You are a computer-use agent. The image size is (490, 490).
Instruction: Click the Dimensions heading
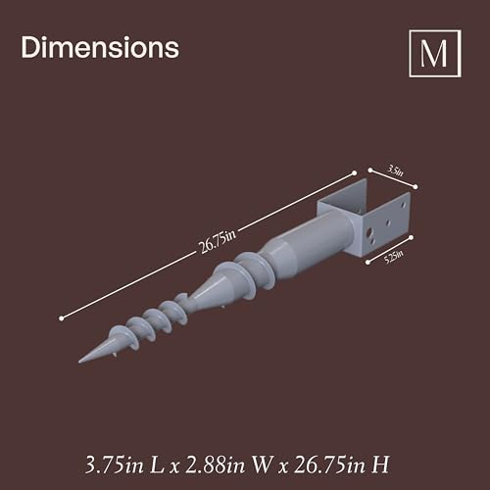coord(100,48)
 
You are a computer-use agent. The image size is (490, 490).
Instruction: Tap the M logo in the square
coord(435,54)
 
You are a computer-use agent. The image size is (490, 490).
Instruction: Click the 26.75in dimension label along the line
coord(217,242)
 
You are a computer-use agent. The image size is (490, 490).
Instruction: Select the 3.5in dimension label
coord(395,171)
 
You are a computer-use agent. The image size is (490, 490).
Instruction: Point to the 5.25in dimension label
coord(393,257)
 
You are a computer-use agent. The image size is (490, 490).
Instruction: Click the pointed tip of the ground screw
coord(79,362)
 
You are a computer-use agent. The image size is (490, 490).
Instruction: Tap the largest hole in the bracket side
coord(369,233)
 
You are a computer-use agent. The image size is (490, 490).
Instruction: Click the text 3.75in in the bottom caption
coord(115,465)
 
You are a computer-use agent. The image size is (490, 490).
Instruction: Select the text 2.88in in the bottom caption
coord(216,465)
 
